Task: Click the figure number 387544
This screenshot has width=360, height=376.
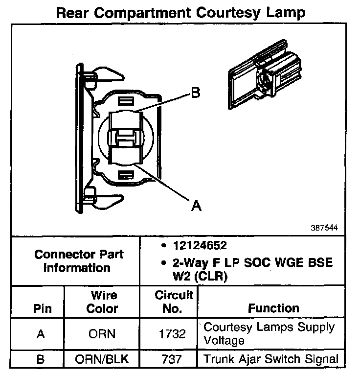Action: pyautogui.click(x=324, y=228)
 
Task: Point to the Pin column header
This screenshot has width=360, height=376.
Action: pyautogui.click(x=42, y=309)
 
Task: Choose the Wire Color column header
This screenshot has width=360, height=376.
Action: pyautogui.click(x=102, y=302)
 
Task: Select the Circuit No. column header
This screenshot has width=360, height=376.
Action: pyautogui.click(x=174, y=302)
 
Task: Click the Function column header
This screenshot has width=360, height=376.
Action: pyautogui.click(x=273, y=308)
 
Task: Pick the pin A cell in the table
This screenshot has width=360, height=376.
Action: pyautogui.click(x=41, y=334)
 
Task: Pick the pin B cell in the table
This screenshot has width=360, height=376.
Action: pyautogui.click(x=41, y=359)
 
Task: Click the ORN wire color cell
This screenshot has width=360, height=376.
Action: pyautogui.click(x=102, y=334)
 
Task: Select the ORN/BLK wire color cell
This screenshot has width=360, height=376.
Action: pyautogui.click(x=102, y=359)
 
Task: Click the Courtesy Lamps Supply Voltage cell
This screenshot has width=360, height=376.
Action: pyautogui.click(x=269, y=333)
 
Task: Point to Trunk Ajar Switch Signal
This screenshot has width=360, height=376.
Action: pyautogui.click(x=270, y=359)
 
